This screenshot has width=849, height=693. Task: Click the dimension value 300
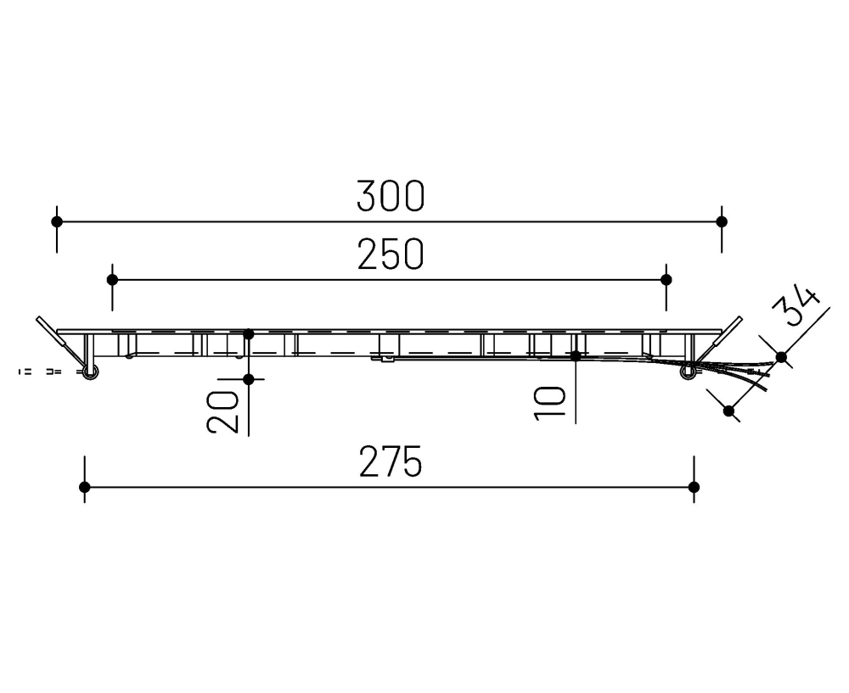[390, 197]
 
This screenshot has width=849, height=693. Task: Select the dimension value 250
[390, 254]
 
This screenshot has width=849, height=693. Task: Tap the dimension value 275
[390, 463]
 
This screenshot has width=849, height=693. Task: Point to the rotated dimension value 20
[223, 412]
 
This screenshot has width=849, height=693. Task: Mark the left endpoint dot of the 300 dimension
[57, 221]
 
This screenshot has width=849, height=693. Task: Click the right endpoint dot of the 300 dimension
[722, 221]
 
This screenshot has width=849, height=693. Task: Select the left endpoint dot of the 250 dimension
[112, 279]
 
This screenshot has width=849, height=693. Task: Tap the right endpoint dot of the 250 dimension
[666, 279]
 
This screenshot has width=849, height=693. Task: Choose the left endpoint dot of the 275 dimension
[84, 487]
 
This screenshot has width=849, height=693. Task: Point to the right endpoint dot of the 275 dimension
[694, 487]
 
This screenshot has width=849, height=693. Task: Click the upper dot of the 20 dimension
[249, 334]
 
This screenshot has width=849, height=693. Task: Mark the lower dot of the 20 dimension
[249, 378]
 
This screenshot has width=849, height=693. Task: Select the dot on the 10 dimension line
[576, 356]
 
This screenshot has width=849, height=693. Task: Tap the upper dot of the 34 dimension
[782, 357]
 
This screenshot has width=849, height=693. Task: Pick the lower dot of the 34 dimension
[728, 411]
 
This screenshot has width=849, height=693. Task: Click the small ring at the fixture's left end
[89, 371]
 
